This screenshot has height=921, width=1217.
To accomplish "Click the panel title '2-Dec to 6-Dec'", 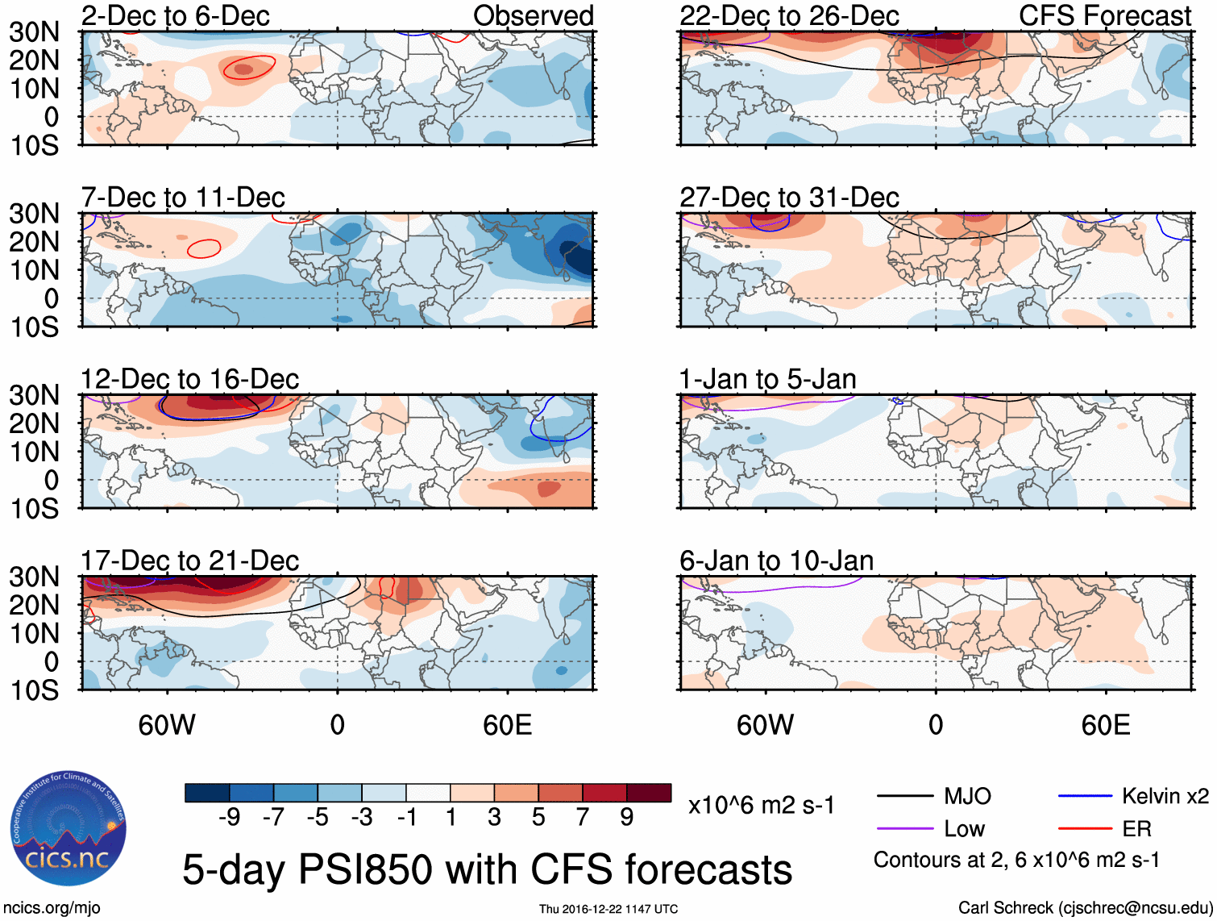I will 175,15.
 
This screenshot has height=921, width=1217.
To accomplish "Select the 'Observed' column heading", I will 533,15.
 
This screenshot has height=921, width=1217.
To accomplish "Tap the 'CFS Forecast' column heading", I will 1104,15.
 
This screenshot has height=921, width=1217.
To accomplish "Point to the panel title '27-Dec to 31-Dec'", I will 788,198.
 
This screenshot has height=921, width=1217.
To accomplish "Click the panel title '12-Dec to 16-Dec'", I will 189,379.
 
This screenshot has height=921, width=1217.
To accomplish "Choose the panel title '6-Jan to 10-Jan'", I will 776,561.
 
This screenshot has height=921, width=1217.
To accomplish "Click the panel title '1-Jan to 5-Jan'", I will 767,379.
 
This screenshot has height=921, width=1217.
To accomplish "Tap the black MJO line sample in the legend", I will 904,797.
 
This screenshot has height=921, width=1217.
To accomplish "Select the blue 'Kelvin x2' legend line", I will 1085,797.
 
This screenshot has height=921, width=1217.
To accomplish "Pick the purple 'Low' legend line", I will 904,829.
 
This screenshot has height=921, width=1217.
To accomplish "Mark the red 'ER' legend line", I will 1085,829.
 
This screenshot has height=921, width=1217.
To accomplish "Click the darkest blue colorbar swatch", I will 207,793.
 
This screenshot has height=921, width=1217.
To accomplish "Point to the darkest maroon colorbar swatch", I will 649,793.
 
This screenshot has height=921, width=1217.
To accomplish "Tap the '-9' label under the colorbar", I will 229,818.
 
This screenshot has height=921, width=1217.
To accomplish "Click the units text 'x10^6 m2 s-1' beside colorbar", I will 761,806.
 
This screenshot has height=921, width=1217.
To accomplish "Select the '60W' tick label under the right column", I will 765,725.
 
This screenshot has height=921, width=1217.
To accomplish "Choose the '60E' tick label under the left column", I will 507,725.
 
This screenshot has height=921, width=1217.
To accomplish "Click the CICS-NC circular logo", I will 68,828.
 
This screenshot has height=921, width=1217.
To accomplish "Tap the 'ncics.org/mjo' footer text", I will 52,908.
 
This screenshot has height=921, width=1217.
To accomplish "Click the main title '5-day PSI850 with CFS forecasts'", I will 487,869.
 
